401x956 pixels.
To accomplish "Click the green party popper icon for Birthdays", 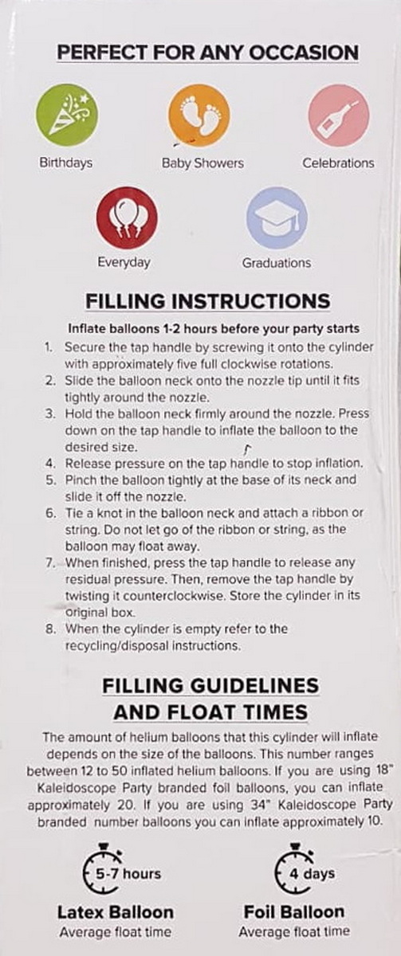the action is pyautogui.click(x=67, y=116).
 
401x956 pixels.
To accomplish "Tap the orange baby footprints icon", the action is pyautogui.click(x=199, y=115).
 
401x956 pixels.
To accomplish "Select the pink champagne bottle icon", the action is pyautogui.click(x=339, y=116).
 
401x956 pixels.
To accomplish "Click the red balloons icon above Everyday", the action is pyautogui.click(x=127, y=218).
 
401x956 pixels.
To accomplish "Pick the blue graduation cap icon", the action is pyautogui.click(x=277, y=217).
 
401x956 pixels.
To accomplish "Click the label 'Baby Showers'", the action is pyautogui.click(x=202, y=163).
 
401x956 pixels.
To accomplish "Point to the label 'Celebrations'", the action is pyautogui.click(x=338, y=163).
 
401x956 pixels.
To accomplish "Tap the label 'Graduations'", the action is pyautogui.click(x=277, y=263).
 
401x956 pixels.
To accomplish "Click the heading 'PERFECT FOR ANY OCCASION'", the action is pyautogui.click(x=208, y=53).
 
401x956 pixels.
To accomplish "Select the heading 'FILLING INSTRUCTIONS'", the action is pyautogui.click(x=208, y=301).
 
